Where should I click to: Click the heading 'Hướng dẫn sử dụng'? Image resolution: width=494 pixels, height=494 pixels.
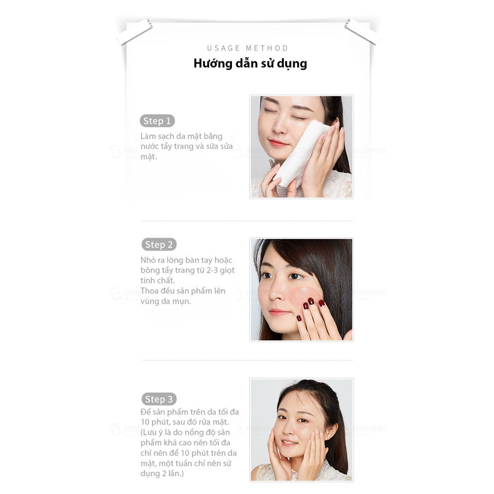point(250,64)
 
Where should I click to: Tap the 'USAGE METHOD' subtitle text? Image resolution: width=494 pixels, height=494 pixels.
point(248,48)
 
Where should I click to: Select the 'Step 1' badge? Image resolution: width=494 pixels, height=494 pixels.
point(157,121)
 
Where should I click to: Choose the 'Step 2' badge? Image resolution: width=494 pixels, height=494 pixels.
point(158,244)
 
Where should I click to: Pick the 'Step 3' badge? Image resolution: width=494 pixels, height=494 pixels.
point(159,399)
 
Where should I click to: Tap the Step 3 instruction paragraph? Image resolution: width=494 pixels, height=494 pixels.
point(190,443)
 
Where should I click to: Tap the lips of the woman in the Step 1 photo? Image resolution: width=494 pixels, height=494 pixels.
point(279,143)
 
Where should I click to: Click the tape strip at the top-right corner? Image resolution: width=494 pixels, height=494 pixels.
point(361,31)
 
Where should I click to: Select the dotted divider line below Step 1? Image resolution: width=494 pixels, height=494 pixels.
point(247,221)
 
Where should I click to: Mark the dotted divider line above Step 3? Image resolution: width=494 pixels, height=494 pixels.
point(247,360)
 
